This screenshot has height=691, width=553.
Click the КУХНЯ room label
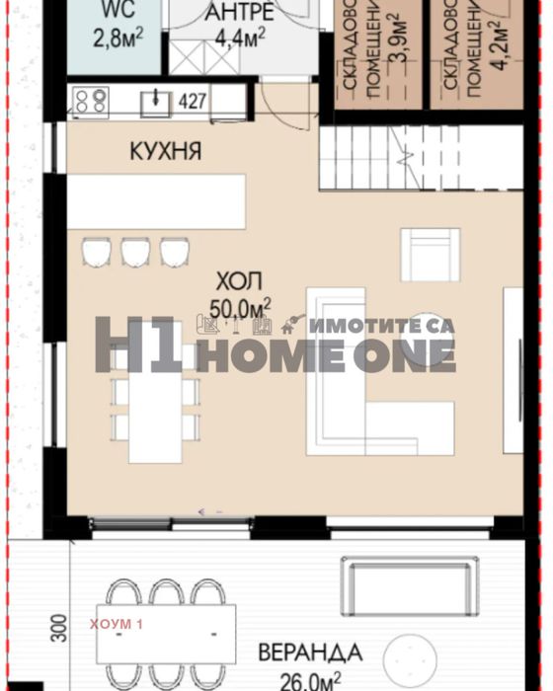tap(165, 151)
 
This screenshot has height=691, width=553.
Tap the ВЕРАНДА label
tap(309, 653)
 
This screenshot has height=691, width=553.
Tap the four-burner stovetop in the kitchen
tap(92, 100)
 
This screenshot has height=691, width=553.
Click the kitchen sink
tap(156, 100)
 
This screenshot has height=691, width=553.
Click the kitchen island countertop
tap(156, 202)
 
